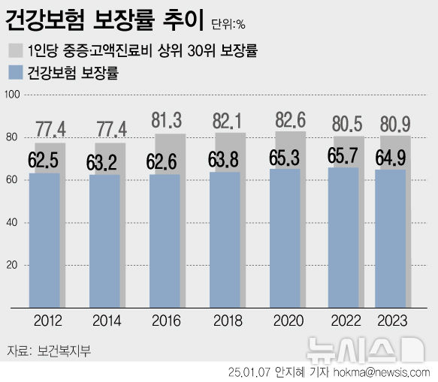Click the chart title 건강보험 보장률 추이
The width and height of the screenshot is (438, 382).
pos(104,21)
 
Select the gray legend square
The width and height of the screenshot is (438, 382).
pos(17,51)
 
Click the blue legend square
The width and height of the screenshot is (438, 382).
pos(17,73)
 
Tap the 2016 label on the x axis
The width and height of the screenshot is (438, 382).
pos(165,320)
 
